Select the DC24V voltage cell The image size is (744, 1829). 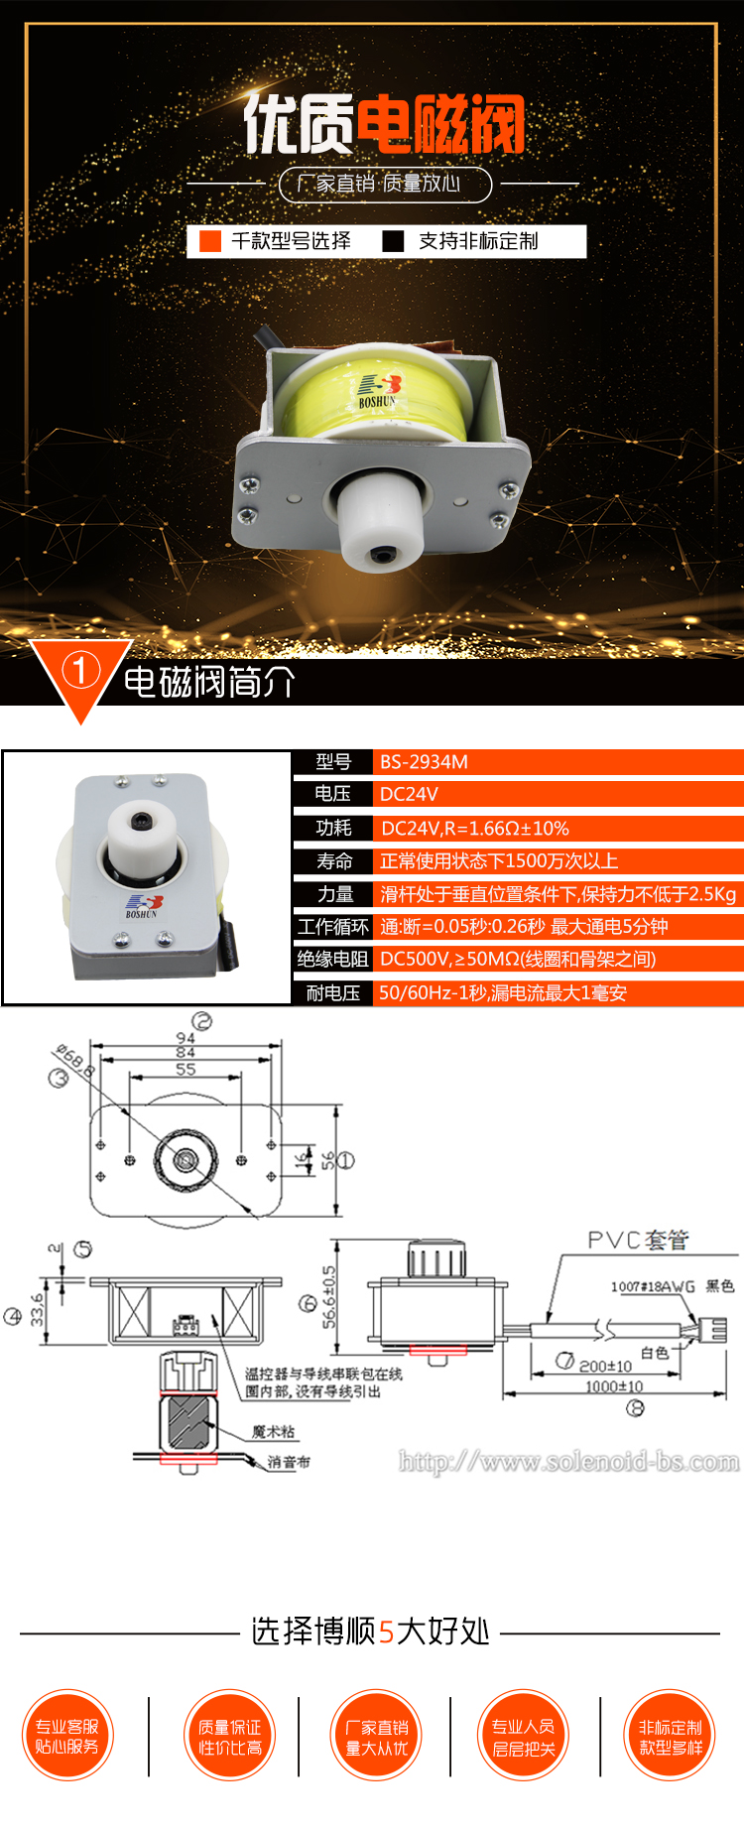pos(409,794)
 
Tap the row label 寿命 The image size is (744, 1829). pos(334,861)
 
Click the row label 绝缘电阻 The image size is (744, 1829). pos(332,959)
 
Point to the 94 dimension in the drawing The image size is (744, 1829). pos(186,1038)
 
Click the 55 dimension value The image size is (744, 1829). pos(186,1069)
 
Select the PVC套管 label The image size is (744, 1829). pos(638,1240)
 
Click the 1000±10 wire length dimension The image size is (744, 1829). pos(613,1386)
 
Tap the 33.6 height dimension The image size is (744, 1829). pos(38,1309)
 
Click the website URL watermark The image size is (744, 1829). pos(568,1461)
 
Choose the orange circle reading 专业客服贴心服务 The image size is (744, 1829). pos(67,1736)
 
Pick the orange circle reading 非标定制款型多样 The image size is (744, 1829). pos(671,1736)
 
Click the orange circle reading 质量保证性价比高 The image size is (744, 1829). pos(230,1736)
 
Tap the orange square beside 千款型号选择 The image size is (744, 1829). pos(210,241)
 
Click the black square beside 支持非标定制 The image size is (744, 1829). pos(394,241)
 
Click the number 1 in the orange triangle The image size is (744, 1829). pos(80,671)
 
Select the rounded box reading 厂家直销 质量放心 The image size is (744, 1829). pos(385,184)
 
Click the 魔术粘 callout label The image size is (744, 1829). pos(273,1431)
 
